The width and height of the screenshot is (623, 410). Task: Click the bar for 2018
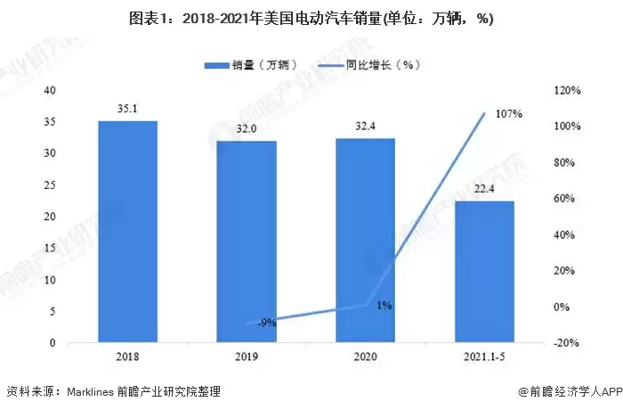[127, 232]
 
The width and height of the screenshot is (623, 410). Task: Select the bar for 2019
[247, 242]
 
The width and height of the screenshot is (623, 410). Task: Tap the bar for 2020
[365, 241]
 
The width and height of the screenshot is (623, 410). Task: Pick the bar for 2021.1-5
[484, 272]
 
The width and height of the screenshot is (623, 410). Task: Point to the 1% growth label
[384, 306]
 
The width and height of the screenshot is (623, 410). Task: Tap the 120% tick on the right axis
[567, 91]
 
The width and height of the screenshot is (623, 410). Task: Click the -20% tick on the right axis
[567, 343]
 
